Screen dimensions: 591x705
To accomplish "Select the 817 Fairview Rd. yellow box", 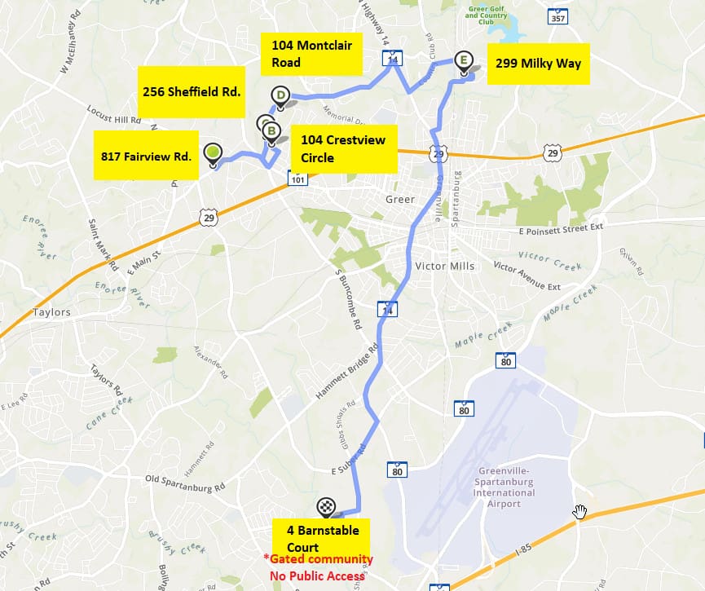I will click(x=146, y=155).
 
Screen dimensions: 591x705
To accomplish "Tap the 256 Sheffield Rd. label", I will click(x=192, y=92).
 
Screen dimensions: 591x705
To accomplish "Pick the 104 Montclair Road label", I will click(x=312, y=54).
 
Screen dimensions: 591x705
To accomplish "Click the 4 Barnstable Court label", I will click(x=321, y=538).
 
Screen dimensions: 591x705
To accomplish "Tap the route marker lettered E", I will click(x=464, y=60).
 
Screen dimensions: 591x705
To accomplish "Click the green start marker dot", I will click(x=213, y=151).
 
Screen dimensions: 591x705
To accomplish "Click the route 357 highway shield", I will click(x=558, y=17).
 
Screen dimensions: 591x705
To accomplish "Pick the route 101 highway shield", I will click(x=297, y=179).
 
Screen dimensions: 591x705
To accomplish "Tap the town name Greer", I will click(x=400, y=199).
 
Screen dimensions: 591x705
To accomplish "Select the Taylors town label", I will click(x=52, y=312).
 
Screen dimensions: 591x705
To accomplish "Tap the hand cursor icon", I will click(x=579, y=511).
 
